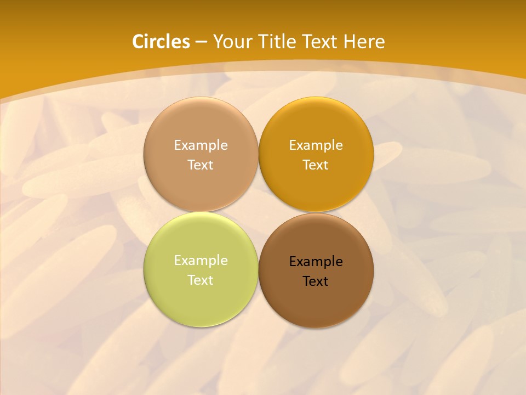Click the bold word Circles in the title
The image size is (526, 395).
pyautogui.click(x=161, y=42)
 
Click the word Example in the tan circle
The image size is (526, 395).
pyautogui.click(x=201, y=145)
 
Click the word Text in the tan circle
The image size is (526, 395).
pyautogui.click(x=201, y=165)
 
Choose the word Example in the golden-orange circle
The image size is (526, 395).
pyautogui.click(x=316, y=145)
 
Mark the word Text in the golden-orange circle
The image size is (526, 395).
pyautogui.click(x=316, y=165)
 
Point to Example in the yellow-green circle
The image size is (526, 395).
pyautogui.click(x=201, y=260)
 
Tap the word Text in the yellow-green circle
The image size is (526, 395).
pyautogui.click(x=201, y=280)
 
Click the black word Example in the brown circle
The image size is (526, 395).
pyautogui.click(x=316, y=261)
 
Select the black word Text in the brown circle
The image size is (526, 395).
pyautogui.click(x=316, y=281)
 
